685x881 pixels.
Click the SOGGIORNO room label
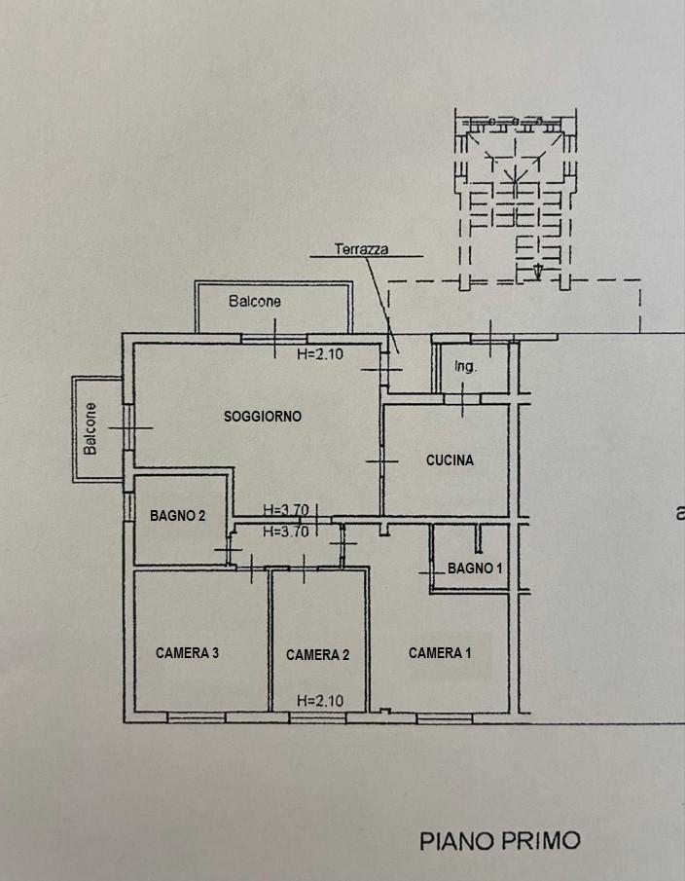(262, 417)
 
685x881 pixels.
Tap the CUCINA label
(450, 460)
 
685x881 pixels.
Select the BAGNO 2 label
(177, 515)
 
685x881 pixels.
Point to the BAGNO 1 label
(475, 569)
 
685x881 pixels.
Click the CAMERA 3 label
(187, 653)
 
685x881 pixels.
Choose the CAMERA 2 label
(317, 654)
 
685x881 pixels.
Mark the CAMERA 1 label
(440, 653)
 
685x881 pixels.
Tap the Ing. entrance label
(465, 367)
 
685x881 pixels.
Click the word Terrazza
(361, 249)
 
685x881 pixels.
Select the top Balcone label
(254, 301)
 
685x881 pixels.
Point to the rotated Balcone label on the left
(90, 428)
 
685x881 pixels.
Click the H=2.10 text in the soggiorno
(320, 354)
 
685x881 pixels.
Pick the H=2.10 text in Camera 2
(320, 701)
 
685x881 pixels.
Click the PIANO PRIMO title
(500, 840)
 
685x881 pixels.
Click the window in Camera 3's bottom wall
(197, 717)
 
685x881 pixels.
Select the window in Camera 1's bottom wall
(445, 717)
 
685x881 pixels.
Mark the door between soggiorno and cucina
(382, 461)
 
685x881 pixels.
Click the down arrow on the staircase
(538, 272)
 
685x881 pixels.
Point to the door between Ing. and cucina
(462, 399)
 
